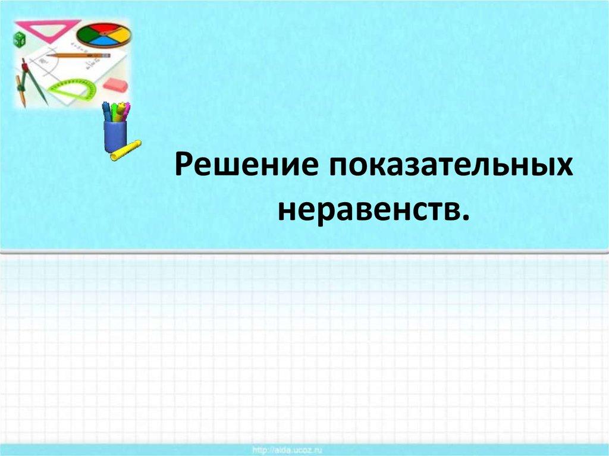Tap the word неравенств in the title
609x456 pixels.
[x=367, y=209]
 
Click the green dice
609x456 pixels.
[x=19, y=40]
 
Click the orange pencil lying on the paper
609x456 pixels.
[x=77, y=55]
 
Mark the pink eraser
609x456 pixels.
[x=115, y=84]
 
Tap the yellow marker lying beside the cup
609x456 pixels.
[x=125, y=150]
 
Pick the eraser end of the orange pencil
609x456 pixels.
[x=107, y=55]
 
